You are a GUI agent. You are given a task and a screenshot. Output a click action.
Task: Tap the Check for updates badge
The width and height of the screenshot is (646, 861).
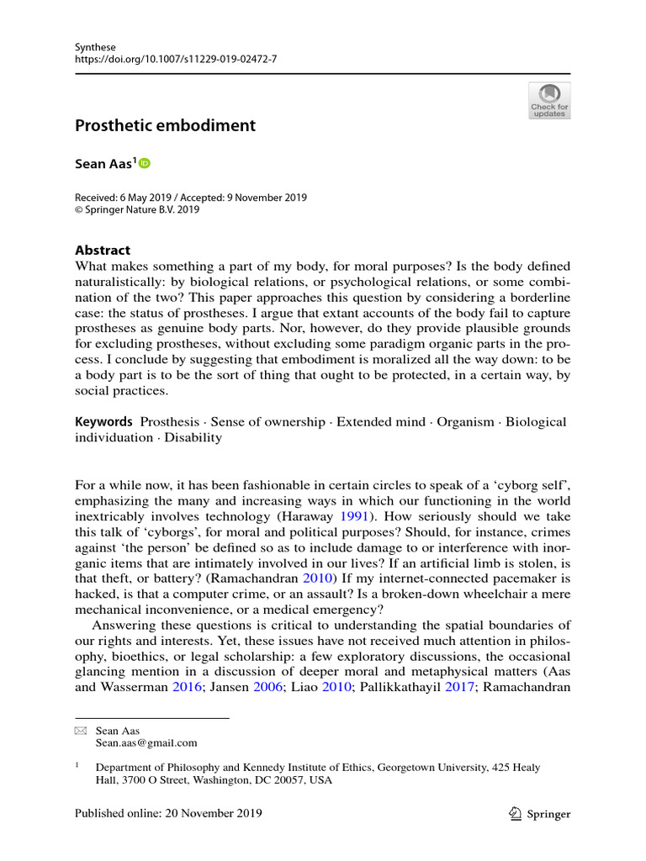[549, 100]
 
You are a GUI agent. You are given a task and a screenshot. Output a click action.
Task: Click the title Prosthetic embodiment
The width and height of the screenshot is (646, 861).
[165, 126]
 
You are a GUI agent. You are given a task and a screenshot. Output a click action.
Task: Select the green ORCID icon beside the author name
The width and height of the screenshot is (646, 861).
[144, 163]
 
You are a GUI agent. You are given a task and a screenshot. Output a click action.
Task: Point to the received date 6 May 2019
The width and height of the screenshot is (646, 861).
[148, 198]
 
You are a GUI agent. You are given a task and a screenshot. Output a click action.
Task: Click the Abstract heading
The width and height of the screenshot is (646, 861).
[103, 250]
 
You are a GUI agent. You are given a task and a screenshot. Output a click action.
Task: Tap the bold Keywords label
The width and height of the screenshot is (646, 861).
[104, 421]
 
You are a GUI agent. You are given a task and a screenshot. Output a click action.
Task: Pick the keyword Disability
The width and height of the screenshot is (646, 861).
[193, 438]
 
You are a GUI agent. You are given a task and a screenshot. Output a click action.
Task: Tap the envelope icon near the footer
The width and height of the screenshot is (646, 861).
[80, 732]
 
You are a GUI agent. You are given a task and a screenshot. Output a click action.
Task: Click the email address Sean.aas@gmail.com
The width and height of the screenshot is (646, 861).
[146, 743]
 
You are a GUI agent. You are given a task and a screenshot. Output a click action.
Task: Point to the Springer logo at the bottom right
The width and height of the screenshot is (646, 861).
[540, 814]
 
